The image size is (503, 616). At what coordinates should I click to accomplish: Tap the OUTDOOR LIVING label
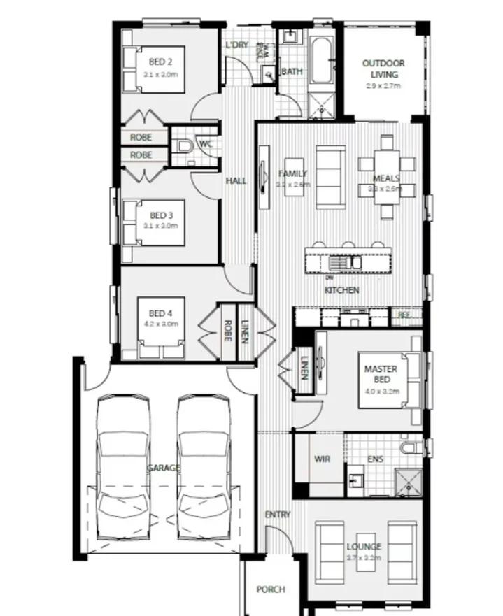[x=383, y=69]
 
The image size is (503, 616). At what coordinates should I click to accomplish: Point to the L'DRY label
[x=237, y=45]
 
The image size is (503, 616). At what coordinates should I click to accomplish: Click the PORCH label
[x=270, y=589]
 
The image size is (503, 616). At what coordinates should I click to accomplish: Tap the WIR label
[x=322, y=459]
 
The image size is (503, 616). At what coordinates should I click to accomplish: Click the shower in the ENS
[x=406, y=481]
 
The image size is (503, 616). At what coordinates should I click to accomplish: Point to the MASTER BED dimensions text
[x=381, y=392]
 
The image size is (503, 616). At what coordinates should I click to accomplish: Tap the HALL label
[x=236, y=180]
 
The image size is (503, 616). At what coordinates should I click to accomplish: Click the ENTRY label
[x=277, y=515]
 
